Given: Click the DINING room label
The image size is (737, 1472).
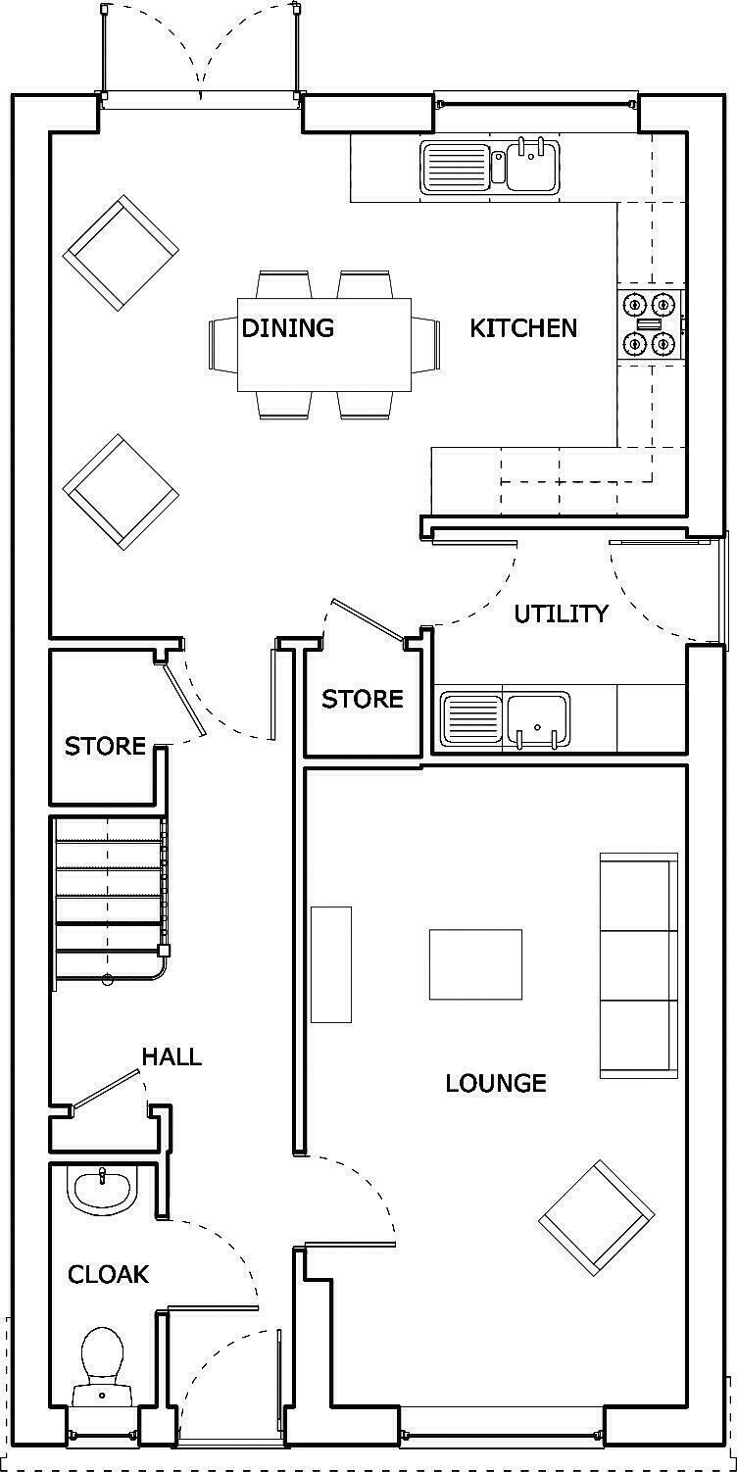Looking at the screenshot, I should pyautogui.click(x=287, y=327).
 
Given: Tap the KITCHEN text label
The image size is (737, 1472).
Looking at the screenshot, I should pyautogui.click(x=523, y=327).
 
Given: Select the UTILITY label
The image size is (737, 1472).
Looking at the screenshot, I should pyautogui.click(x=561, y=613).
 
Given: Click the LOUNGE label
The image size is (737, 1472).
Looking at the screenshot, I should pyautogui.click(x=495, y=1083).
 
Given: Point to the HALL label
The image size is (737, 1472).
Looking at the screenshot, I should pyautogui.click(x=172, y=1056).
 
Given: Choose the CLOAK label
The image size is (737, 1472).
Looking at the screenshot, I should pyautogui.click(x=108, y=1274).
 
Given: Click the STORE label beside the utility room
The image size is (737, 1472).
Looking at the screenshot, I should pyautogui.click(x=362, y=699).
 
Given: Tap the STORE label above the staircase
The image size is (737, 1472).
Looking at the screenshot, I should pyautogui.click(x=105, y=746).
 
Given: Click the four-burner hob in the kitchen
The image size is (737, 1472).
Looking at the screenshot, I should pyautogui.click(x=650, y=323).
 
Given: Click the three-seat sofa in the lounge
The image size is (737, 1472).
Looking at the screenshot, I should pyautogui.click(x=638, y=965).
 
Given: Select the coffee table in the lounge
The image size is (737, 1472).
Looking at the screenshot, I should pyautogui.click(x=475, y=965).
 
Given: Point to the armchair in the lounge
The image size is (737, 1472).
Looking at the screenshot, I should pyautogui.click(x=596, y=1219).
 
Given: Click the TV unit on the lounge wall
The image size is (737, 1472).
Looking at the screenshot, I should pyautogui.click(x=331, y=965).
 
